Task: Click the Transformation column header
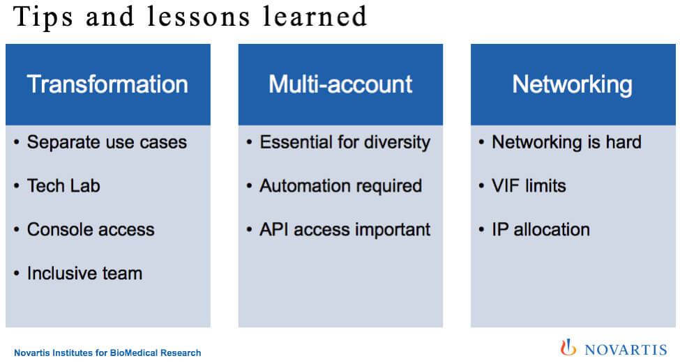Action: pyautogui.click(x=107, y=84)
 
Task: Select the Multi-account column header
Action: pyautogui.click(x=340, y=84)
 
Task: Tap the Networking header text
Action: pyautogui.click(x=573, y=85)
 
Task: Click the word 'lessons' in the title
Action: pyautogui.click(x=199, y=17)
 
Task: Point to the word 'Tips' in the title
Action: pyautogui.click(x=43, y=17)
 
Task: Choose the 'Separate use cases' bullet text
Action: pyautogui.click(x=107, y=142)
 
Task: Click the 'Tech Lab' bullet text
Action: pyautogui.click(x=63, y=186)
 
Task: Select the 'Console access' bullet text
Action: pyautogui.click(x=91, y=230)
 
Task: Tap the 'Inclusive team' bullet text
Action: pyautogui.click(x=84, y=273)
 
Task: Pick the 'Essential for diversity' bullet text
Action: pyautogui.click(x=345, y=143)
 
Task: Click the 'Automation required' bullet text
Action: pyautogui.click(x=341, y=186)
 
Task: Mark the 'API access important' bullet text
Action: pyautogui.click(x=345, y=230)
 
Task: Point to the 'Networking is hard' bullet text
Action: pyautogui.click(x=566, y=143)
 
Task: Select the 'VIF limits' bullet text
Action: pyautogui.click(x=529, y=186)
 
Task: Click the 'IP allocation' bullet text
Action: pyautogui.click(x=541, y=230)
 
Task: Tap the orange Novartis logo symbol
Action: pyautogui.click(x=568, y=348)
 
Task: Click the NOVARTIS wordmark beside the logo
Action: pyautogui.click(x=626, y=350)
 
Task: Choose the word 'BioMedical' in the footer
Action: pyautogui.click(x=134, y=353)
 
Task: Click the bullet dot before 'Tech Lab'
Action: pyautogui.click(x=17, y=186)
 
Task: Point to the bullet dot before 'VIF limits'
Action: pyautogui.click(x=481, y=186)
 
